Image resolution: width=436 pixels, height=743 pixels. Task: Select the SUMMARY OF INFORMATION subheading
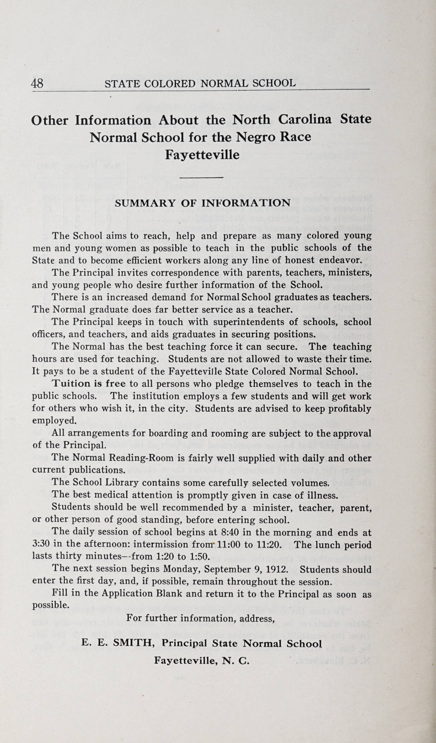202,203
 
